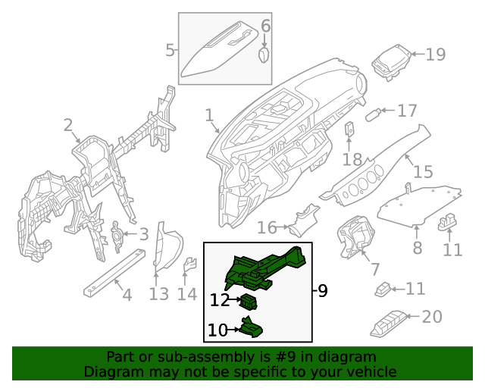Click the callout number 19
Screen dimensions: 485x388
coord(436,54)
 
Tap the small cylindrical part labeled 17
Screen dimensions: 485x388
coord(373,114)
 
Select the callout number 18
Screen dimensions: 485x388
coord(352,160)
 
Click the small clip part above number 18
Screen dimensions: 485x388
coord(349,130)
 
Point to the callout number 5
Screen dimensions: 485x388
coord(170,50)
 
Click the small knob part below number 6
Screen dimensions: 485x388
coord(264,55)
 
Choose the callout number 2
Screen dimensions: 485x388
coord(68,125)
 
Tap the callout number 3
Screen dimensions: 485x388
coord(144,234)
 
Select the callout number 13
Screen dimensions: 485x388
coord(158,294)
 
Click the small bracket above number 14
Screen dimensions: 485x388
coord(190,265)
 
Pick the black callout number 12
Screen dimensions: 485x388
coord(220,300)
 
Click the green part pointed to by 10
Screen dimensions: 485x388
coord(251,328)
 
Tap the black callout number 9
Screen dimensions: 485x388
coord(323,290)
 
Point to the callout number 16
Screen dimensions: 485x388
coord(267,228)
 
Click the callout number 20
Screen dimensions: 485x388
coord(432,317)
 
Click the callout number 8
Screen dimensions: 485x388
coord(418,248)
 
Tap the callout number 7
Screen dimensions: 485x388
coord(375,269)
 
